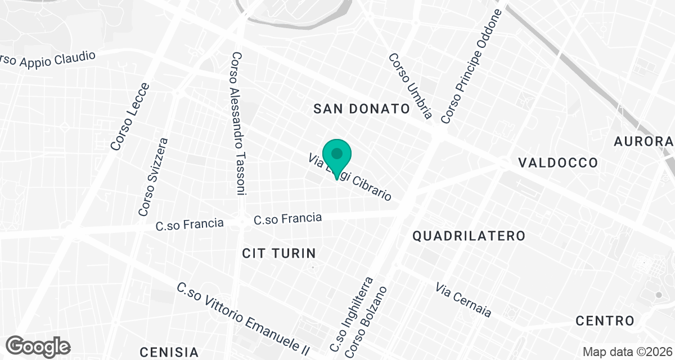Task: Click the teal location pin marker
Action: [337, 156]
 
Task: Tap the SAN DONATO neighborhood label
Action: [361, 109]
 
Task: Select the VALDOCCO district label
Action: [557, 163]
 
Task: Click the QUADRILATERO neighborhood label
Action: [469, 236]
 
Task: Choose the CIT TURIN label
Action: [279, 253]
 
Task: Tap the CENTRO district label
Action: [605, 321]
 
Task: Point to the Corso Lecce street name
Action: [130, 117]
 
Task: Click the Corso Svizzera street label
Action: [153, 177]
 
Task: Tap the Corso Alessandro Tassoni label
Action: [238, 124]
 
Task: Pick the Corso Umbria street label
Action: [410, 86]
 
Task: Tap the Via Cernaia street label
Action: [463, 299]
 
